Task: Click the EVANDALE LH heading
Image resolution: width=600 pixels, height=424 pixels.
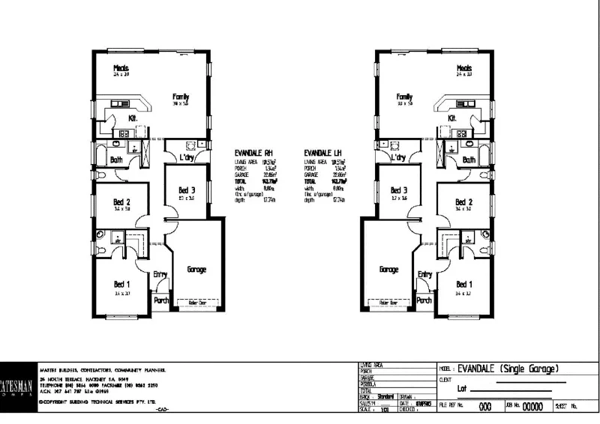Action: pos(322,152)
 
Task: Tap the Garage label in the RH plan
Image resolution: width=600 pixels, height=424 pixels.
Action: pos(196,270)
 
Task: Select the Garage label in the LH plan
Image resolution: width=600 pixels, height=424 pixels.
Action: pos(388,269)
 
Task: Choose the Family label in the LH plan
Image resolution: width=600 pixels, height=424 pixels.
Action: pos(405,97)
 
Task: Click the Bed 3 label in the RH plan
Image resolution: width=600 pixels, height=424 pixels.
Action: pos(187,190)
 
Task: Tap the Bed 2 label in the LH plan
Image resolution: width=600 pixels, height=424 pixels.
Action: pos(464,202)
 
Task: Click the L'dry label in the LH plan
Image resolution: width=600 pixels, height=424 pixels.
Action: pos(398,158)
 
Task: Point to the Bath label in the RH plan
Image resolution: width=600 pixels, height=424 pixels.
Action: pos(116,160)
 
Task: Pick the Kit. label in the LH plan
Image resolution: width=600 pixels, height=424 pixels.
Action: pos(452,118)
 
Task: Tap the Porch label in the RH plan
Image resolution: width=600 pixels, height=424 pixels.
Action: pos(161,300)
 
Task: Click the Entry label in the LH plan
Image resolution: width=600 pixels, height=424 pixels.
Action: pos(424,275)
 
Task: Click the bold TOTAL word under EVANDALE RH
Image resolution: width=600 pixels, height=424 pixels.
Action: pos(241,181)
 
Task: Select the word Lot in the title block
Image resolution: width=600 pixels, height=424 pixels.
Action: pos(463,390)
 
